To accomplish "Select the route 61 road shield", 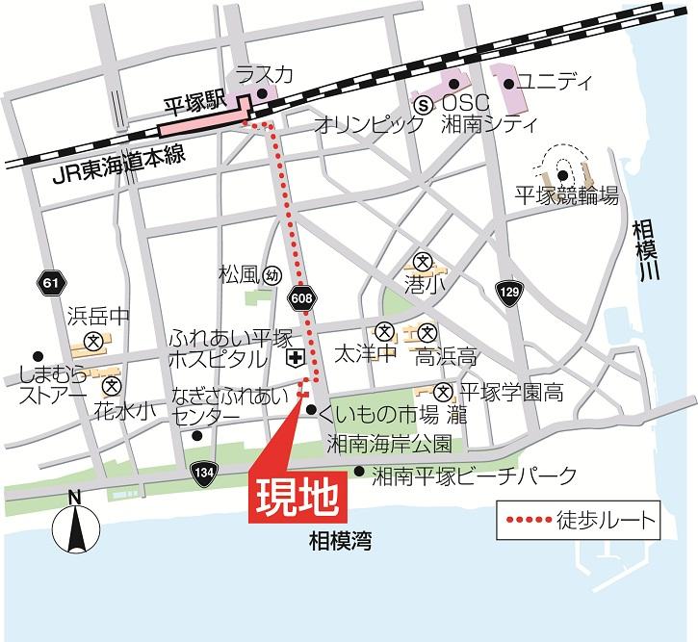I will tap(51, 282).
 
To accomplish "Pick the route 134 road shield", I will tap(203, 473).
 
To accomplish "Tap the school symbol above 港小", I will tap(421, 260).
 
